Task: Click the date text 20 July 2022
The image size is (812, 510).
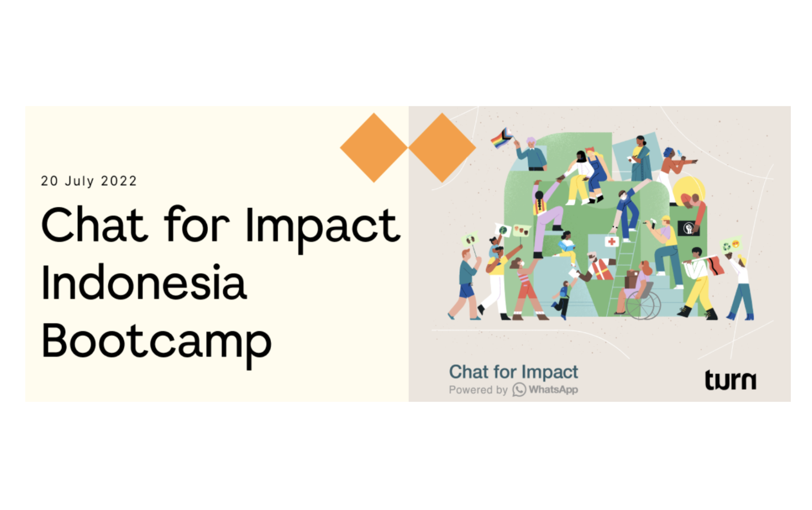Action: tap(89, 181)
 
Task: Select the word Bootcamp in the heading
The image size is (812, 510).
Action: tap(156, 341)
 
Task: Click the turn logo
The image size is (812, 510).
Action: tap(730, 381)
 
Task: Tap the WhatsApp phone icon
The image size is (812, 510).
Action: tap(519, 389)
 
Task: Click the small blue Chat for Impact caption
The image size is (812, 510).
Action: tap(513, 372)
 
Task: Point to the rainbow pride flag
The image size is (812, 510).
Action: tap(501, 138)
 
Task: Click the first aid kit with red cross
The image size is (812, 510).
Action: tap(612, 242)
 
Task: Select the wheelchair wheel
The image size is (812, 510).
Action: tap(643, 305)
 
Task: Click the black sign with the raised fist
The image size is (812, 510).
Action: tap(688, 228)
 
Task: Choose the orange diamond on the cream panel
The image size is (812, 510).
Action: tap(373, 147)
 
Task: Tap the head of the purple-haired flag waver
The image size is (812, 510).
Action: tap(531, 142)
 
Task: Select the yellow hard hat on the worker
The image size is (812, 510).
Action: tap(666, 219)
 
